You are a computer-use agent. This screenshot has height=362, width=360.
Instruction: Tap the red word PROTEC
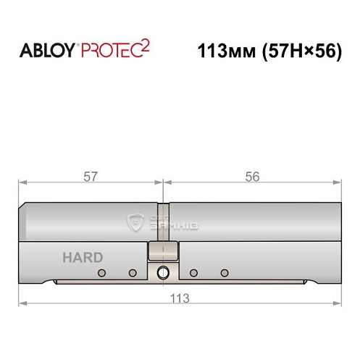tap(110, 52)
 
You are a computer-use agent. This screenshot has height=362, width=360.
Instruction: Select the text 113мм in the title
tap(219, 52)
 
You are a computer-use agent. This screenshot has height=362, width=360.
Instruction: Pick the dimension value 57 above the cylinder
tap(91, 177)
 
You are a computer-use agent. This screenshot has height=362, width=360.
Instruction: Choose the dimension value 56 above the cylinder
tap(252, 177)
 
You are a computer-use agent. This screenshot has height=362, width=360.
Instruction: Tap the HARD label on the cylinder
tap(82, 257)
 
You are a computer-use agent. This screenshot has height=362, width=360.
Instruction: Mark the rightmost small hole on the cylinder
tap(225, 272)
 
